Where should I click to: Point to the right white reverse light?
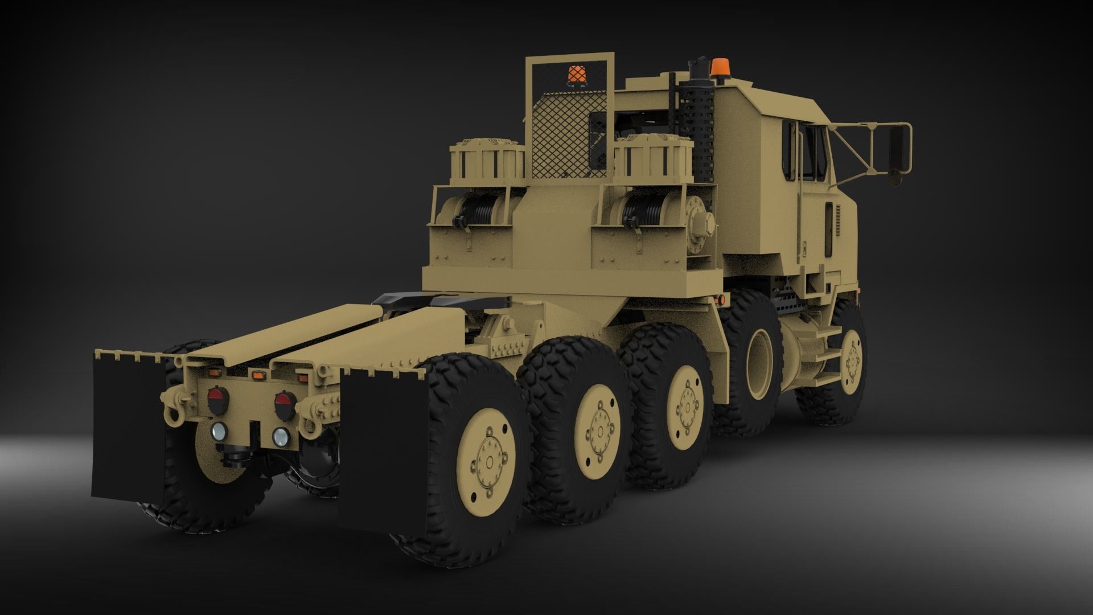280,437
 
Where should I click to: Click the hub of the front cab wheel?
852,358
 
